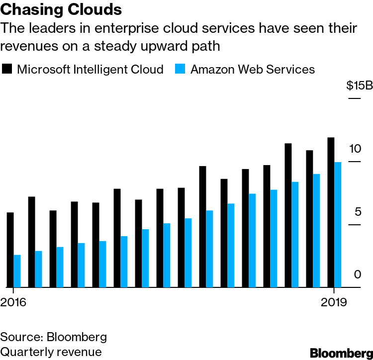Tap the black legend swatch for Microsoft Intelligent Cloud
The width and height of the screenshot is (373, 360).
pos(7,69)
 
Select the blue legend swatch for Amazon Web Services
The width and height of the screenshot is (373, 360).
pos(181,69)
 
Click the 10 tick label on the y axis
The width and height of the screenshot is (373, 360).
pos(354,149)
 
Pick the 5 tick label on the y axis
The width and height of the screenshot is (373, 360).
pos(357,212)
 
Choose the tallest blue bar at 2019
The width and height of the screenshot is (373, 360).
pos(338,225)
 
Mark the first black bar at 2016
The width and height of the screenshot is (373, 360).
pos(10,250)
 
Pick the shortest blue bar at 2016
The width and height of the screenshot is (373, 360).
pos(17,271)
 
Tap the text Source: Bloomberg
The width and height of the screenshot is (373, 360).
pos(54,337)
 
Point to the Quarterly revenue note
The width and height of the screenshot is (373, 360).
pos(51,352)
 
